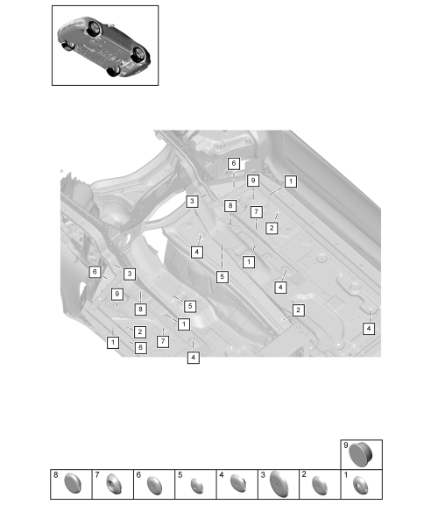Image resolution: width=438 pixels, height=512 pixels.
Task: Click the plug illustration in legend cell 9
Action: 361,455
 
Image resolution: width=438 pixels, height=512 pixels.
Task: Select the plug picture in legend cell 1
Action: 361,485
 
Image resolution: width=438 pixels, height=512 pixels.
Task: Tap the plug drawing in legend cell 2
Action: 320,485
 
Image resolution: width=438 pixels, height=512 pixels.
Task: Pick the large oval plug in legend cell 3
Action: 279,484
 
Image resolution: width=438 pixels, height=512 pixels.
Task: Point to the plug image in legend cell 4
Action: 238,483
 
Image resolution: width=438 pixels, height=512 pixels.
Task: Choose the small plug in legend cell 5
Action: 197,486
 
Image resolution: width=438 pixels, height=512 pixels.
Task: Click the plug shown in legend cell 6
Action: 155,485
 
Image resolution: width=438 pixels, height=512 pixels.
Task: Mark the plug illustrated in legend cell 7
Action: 114,484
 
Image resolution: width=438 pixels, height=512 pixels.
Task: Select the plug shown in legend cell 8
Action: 73,483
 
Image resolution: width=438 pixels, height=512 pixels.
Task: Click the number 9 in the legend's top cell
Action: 346,445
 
